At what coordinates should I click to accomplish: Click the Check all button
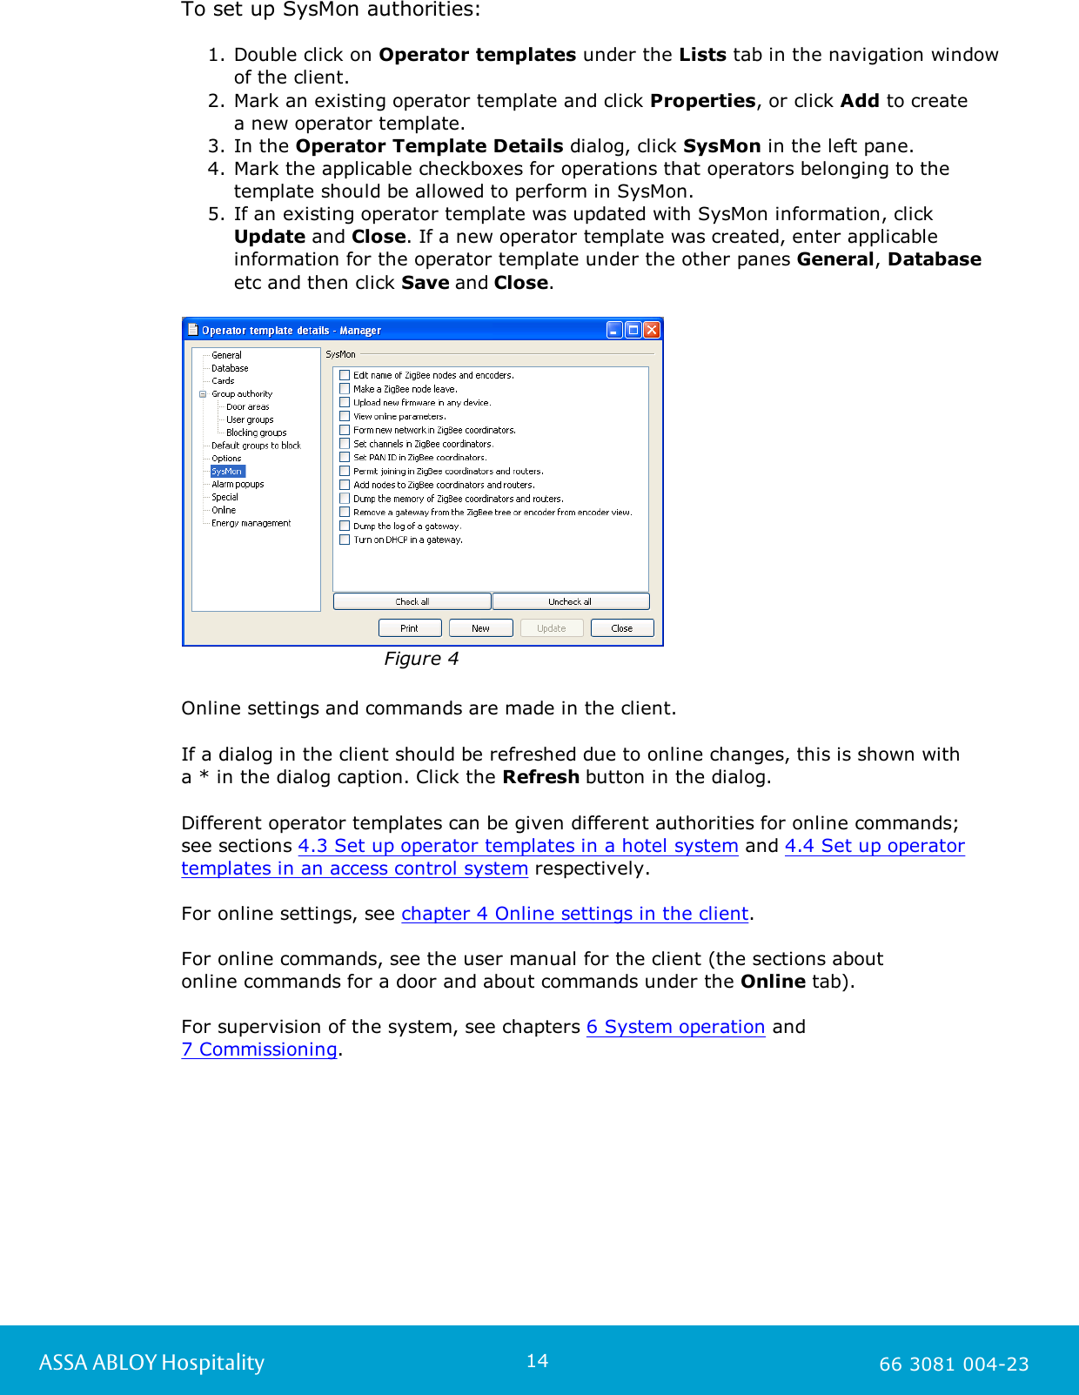pyautogui.click(x=412, y=601)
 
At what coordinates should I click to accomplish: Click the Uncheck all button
pyautogui.click(x=570, y=601)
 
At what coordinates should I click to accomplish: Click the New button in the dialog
pyautogui.click(x=480, y=628)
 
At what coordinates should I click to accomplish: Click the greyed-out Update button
pyautogui.click(x=552, y=628)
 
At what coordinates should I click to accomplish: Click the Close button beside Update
pyautogui.click(x=621, y=628)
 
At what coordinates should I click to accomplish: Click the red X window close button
pyautogui.click(x=652, y=330)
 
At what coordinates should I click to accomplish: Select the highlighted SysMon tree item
pyautogui.click(x=227, y=471)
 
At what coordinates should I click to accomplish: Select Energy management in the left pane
pyautogui.click(x=251, y=523)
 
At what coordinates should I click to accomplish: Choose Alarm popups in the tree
pyautogui.click(x=238, y=484)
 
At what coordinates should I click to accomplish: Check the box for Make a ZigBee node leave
pyautogui.click(x=345, y=389)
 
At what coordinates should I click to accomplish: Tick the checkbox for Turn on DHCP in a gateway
pyautogui.click(x=345, y=540)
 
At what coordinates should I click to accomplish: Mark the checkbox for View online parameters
pyautogui.click(x=345, y=416)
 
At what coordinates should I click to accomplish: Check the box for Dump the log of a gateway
pyautogui.click(x=345, y=526)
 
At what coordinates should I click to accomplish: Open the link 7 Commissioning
pyautogui.click(x=259, y=1050)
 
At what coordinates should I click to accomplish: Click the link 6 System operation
pyautogui.click(x=675, y=1027)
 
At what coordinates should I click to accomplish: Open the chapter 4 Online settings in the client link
pyautogui.click(x=574, y=914)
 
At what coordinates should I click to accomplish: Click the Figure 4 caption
pyautogui.click(x=421, y=659)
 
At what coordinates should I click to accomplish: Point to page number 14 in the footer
pyautogui.click(x=537, y=1361)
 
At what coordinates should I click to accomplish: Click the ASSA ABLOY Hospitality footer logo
pyautogui.click(x=151, y=1363)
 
